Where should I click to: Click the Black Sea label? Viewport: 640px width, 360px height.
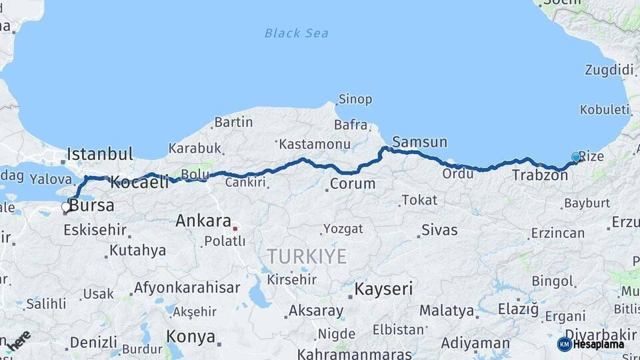296,33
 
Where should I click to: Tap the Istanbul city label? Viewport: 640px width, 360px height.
100,154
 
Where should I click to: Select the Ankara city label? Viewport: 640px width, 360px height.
203,221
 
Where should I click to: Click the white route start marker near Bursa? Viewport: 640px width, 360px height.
66,207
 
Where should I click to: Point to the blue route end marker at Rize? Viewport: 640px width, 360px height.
576,157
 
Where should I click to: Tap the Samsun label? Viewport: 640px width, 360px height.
420,142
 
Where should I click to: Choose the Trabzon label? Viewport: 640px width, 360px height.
540,175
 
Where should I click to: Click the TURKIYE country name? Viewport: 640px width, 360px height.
307,256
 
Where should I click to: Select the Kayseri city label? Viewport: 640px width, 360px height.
383,289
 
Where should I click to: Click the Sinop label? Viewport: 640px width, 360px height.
355,99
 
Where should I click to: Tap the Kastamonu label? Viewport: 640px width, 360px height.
314,144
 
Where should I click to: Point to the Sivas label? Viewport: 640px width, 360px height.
439,230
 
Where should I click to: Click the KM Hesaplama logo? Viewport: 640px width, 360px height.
591,344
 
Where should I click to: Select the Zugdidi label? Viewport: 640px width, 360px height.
609,70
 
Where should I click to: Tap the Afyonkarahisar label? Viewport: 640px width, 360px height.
187,288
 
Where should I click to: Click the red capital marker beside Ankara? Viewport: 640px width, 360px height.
235,229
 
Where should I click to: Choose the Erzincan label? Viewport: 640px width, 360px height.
557,233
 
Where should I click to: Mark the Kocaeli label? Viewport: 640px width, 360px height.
139,181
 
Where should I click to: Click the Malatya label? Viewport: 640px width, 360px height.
447,311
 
